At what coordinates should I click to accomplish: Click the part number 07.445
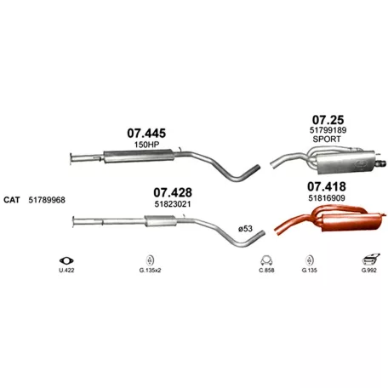point(146,134)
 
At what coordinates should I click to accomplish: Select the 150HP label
point(146,145)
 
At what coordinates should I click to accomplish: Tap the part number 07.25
point(328,120)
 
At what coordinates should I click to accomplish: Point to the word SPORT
point(327,140)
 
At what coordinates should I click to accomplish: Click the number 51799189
point(328,130)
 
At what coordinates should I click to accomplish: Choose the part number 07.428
point(173,192)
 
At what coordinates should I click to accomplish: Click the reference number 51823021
point(173,204)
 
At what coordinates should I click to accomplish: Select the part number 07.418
point(327,186)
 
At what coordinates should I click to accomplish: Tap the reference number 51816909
point(327,198)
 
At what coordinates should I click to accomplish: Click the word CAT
point(12,200)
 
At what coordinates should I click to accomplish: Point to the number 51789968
point(47,200)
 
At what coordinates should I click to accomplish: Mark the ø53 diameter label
point(245,229)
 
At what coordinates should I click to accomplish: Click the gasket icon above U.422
point(66,260)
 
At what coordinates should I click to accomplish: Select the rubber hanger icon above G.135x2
point(150,260)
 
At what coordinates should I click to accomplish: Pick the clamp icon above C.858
point(266,260)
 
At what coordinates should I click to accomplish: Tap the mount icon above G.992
point(370,260)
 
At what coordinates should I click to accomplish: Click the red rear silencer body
point(351,222)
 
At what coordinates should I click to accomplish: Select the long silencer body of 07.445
point(139,156)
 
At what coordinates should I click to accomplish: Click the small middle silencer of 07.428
point(161,220)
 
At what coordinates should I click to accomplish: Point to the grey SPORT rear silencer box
point(345,163)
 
